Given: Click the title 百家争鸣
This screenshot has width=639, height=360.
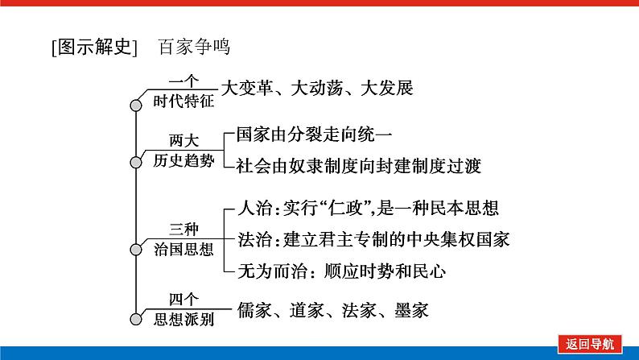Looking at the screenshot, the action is click(194, 47).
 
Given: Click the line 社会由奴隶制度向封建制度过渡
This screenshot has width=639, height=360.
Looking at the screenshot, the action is click(358, 166).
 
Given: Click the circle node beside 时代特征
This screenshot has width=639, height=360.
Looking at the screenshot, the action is click(135, 104).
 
